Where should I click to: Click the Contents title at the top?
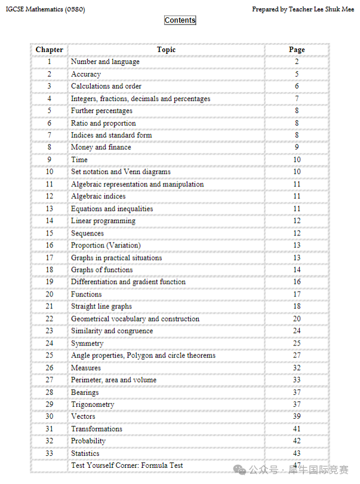(x=180, y=20)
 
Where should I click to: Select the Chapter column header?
(x=49, y=50)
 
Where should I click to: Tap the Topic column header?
(x=166, y=50)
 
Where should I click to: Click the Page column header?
(x=297, y=50)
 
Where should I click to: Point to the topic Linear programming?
(x=103, y=221)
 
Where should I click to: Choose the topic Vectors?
(x=83, y=416)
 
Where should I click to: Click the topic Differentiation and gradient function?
(x=128, y=282)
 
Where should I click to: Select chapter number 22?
(x=49, y=319)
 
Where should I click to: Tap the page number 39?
(x=297, y=416)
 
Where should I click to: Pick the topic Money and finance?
(x=101, y=148)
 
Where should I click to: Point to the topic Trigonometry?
(x=93, y=405)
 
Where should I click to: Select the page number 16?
(x=297, y=282)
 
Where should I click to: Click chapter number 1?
(x=49, y=62)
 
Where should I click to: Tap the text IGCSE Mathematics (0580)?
(x=45, y=10)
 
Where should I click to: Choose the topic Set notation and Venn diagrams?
(x=121, y=172)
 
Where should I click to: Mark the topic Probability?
(x=88, y=441)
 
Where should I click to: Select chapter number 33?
(x=49, y=454)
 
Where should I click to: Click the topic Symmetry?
(x=87, y=344)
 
